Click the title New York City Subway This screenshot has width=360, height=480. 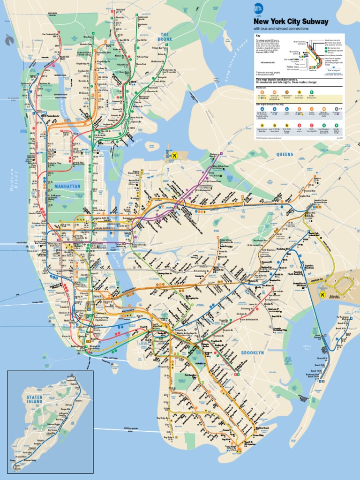[x=291, y=22]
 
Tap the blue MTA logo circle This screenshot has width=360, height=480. [x=258, y=8]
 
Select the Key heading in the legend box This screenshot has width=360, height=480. [x=257, y=36]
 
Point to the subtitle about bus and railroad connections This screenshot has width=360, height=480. [x=281, y=29]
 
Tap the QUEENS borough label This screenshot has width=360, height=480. [x=284, y=154]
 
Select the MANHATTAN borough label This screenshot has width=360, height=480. [x=68, y=186]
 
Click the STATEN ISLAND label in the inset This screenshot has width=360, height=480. [x=34, y=399]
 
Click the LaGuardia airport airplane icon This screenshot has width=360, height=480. [x=175, y=155]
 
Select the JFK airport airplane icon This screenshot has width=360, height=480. [x=322, y=294]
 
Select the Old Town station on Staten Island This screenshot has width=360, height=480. [x=68, y=405]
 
